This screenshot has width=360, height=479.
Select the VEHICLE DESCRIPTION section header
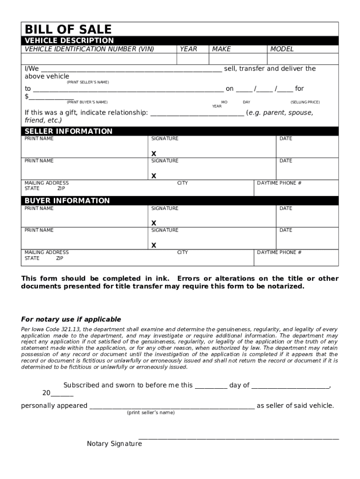click(69, 41)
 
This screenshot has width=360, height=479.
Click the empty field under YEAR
click(192, 59)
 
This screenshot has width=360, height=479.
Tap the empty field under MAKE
click(238, 59)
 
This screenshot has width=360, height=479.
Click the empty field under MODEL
click(302, 59)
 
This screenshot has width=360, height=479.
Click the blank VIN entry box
click(99, 59)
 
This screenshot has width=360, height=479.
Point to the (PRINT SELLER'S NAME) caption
click(87, 82)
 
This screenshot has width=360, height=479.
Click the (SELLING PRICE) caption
click(305, 102)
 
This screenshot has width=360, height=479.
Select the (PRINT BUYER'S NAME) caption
click(87, 102)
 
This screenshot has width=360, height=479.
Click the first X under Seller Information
click(154, 154)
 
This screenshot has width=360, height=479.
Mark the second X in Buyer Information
click(154, 245)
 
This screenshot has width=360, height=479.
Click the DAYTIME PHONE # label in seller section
click(279, 183)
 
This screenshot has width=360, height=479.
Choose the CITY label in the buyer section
click(182, 253)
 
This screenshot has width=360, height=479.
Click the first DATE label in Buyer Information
click(286, 209)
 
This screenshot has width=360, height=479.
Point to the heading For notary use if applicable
click(71, 319)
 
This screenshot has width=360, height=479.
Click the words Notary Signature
click(114, 443)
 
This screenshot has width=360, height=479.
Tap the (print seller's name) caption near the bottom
click(151, 413)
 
